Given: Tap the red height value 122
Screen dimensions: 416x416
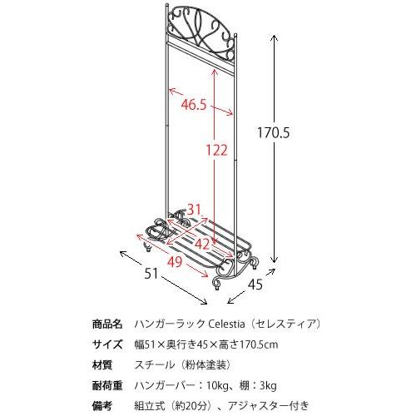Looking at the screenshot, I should (216, 150).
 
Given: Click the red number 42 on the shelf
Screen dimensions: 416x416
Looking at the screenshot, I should (202, 243).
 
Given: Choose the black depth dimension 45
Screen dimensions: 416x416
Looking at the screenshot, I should (255, 285).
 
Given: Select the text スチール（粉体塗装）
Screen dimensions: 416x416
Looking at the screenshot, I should (177, 364).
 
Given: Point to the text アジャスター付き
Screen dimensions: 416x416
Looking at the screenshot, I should (269, 405).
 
